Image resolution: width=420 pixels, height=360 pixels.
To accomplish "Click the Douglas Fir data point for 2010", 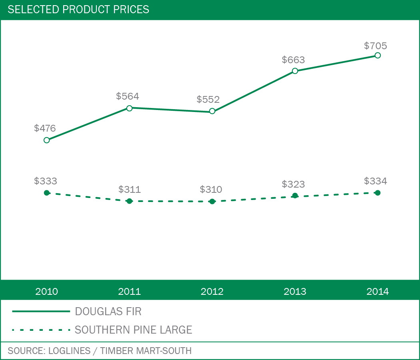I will point(46,140).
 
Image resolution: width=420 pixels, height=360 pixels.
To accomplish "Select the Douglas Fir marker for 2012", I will point(212,111).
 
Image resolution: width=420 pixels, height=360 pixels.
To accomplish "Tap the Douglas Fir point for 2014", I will point(377,55).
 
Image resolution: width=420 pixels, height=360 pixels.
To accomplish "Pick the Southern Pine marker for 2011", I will point(129,201).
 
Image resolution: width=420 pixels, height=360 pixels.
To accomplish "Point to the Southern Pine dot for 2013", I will point(295,196).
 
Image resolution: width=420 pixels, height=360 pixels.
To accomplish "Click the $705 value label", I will point(376,46).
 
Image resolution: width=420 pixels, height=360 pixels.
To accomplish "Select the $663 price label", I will point(293,60).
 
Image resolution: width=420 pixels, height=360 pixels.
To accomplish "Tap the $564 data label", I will point(128,96).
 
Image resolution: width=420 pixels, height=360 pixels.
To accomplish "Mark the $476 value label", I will point(45,128).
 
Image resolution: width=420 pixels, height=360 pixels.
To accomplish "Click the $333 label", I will point(45,181).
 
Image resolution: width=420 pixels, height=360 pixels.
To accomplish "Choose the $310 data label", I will point(211,189).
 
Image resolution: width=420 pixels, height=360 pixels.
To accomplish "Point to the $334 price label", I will point(376,181).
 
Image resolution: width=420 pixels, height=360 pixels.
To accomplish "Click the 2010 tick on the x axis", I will point(46,291).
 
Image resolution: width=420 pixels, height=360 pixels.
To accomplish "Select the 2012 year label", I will point(212,291).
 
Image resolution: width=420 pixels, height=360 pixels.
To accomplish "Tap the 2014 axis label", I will point(377,291).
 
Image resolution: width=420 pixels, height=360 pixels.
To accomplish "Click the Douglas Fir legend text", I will point(108,311).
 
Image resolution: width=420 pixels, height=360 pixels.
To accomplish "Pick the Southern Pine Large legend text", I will point(134,330).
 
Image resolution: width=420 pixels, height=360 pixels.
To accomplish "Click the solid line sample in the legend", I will point(41,311).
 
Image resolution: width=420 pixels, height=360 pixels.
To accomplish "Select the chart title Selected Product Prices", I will point(78,9).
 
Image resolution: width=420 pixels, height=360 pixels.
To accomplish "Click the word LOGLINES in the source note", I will point(69,351).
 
